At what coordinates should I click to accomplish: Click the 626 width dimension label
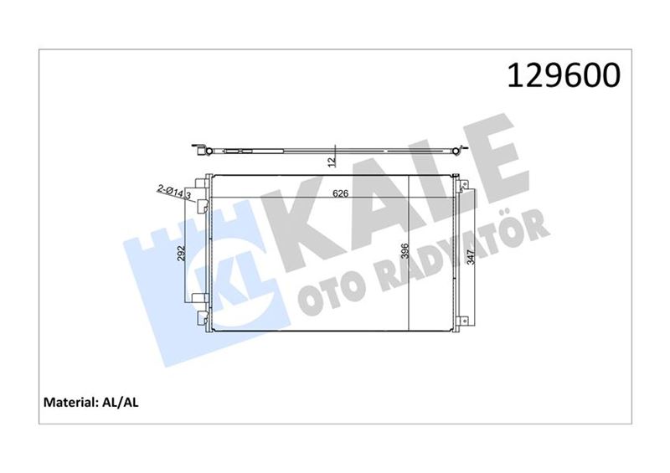pos(339,193)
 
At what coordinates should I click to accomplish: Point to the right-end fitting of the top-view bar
pos(456,151)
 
